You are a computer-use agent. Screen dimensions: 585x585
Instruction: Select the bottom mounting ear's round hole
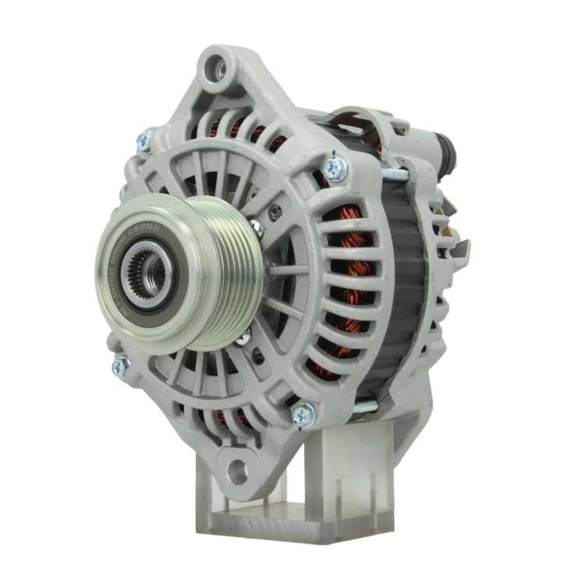237,470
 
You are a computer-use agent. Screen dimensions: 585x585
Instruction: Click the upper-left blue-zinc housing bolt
143,140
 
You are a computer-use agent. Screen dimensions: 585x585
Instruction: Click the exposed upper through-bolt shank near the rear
398,174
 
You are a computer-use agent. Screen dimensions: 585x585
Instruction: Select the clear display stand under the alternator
304,497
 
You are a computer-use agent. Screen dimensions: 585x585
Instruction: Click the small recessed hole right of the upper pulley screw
273,214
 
